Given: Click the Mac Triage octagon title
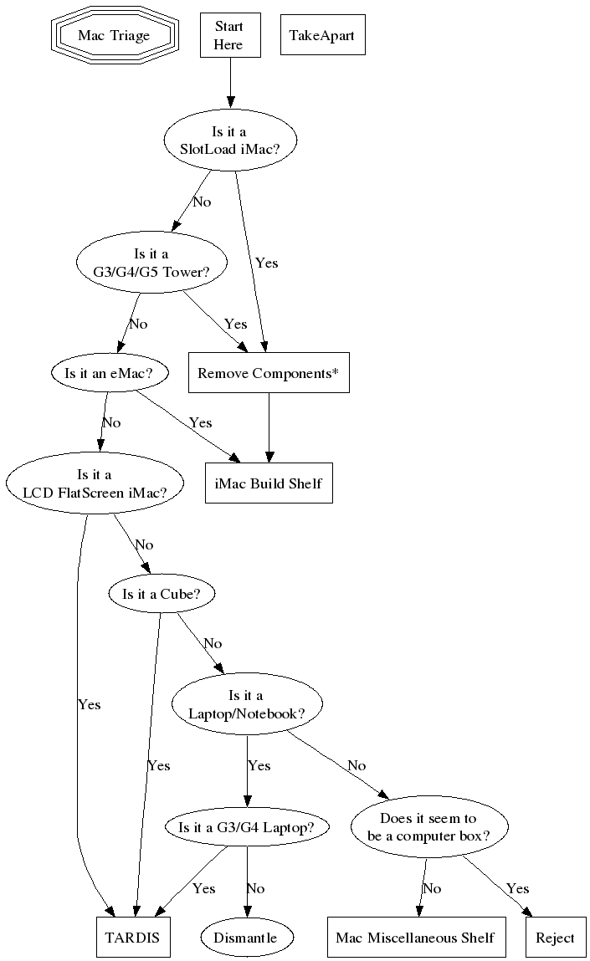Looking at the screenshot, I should [x=114, y=35].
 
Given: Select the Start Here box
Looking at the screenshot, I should [x=228, y=35].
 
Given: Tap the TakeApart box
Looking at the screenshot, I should [x=322, y=35].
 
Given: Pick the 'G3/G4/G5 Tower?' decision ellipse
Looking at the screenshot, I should [x=151, y=262].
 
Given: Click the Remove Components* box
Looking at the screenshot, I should [x=268, y=373].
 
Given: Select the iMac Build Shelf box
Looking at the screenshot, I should [x=269, y=483].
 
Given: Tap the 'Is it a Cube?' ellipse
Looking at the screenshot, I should [x=162, y=594].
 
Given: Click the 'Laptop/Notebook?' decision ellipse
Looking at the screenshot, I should [x=246, y=704].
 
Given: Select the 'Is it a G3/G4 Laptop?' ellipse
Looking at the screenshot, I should [x=246, y=827].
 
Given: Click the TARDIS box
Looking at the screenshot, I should [x=133, y=938].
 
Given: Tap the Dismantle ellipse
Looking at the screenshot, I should [x=250, y=938].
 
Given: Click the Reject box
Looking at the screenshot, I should [x=555, y=938].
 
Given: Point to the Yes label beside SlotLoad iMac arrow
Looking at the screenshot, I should [x=266, y=263].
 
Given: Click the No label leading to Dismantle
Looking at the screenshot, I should [x=255, y=888].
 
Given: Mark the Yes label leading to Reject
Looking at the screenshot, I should [x=517, y=888].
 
